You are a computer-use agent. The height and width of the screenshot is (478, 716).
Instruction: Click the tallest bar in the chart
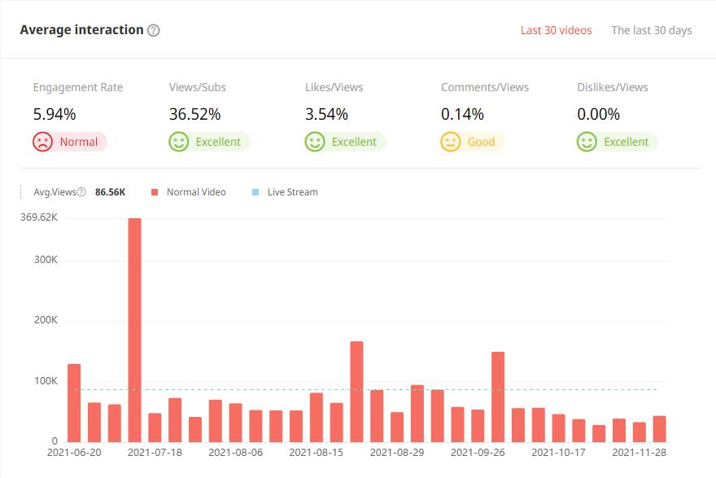point(134,329)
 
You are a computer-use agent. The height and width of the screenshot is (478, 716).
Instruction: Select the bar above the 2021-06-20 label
point(74,402)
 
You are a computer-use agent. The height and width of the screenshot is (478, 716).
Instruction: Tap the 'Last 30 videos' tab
point(557,30)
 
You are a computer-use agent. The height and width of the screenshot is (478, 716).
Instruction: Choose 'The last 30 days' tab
point(652,30)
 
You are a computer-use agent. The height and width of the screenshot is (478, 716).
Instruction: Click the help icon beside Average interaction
point(154,30)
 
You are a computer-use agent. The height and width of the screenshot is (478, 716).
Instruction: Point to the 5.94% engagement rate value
point(55,114)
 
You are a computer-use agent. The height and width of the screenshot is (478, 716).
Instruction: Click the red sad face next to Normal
point(43,142)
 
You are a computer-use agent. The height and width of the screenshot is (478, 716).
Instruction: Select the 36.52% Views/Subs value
point(194,114)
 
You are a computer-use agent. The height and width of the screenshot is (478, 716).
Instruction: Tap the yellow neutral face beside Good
point(451,142)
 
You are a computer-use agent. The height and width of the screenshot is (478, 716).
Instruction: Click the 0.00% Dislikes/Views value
point(598,114)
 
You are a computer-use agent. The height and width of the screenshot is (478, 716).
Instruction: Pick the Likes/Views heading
point(334,87)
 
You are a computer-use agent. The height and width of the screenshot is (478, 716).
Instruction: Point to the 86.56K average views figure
point(110,192)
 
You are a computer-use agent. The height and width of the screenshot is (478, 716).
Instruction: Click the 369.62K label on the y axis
point(39,217)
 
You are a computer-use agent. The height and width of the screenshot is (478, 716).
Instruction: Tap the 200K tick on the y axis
point(45,321)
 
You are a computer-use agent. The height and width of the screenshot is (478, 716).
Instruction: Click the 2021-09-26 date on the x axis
point(478,452)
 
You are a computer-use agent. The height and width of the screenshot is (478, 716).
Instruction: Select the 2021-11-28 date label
point(640,452)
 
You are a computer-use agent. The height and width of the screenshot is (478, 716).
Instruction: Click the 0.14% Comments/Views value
point(462,114)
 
